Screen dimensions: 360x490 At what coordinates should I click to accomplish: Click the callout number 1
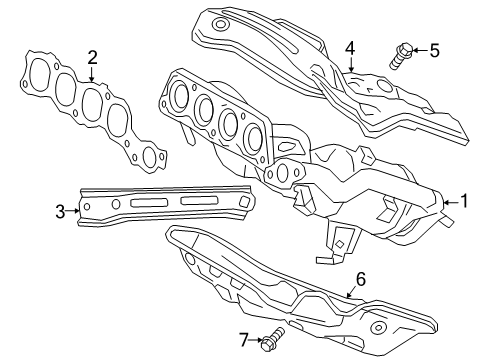click(463, 200)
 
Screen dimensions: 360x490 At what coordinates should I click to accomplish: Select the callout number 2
click(92, 57)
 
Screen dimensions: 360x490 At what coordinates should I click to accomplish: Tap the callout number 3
click(61, 211)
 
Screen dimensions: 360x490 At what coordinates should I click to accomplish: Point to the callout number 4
click(350, 47)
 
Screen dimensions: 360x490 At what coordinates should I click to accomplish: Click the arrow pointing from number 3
click(73, 211)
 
